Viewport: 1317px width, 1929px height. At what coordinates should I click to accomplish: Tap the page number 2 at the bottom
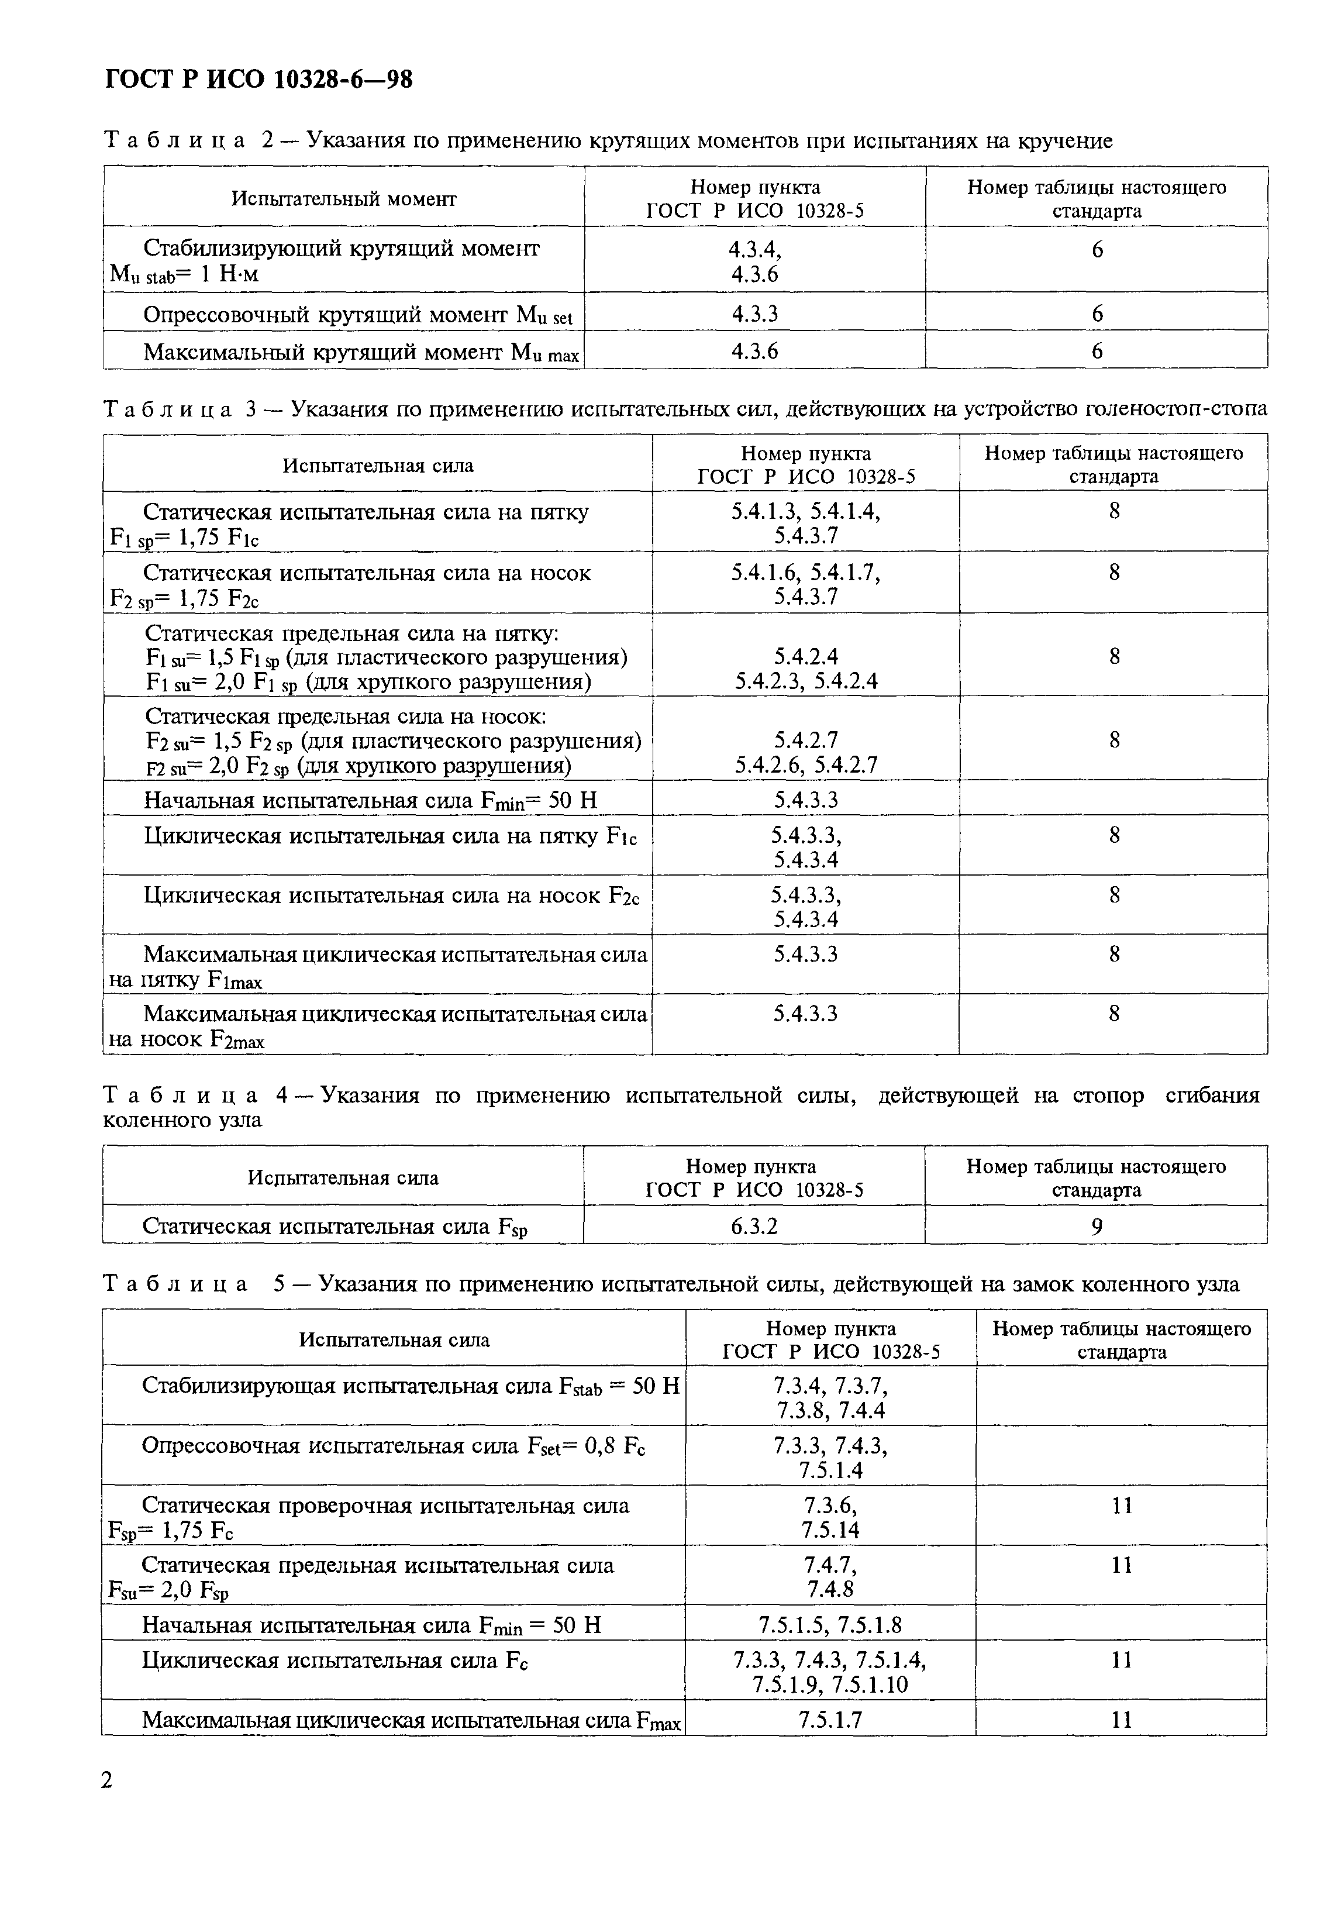(x=107, y=1780)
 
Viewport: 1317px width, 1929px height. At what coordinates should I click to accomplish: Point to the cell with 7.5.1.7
(x=830, y=1720)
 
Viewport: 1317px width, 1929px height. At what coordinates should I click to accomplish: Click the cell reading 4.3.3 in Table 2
(x=754, y=313)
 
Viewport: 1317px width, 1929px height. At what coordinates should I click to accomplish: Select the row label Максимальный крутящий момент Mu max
(x=360, y=353)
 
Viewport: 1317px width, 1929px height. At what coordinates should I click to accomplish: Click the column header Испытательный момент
(x=343, y=198)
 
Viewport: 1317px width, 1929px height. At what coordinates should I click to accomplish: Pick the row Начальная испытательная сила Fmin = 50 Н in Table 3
(x=370, y=800)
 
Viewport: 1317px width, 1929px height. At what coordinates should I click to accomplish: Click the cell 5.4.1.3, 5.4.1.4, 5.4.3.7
(x=805, y=523)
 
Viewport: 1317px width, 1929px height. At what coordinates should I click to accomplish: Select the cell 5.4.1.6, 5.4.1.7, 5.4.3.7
(x=805, y=584)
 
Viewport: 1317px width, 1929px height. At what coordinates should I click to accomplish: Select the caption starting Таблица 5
(x=671, y=1284)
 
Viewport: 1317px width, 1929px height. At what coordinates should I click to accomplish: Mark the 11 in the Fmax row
(x=1121, y=1720)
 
